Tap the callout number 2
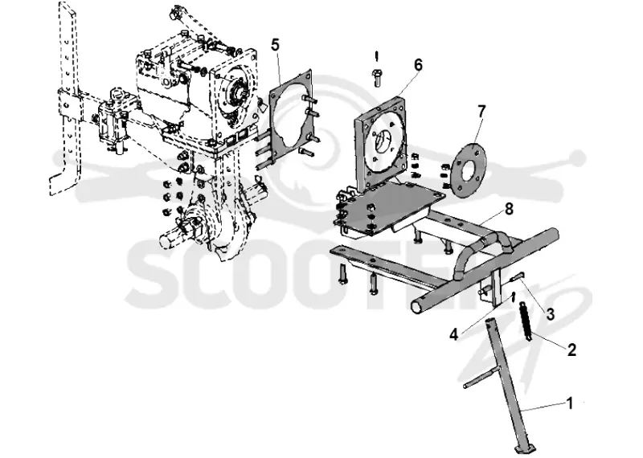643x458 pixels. coord(571,350)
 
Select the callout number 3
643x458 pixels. coord(550,314)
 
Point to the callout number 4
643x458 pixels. coord(453,334)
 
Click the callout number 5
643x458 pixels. coord(275,45)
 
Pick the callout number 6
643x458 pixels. coord(417,65)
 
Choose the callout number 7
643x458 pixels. coord(481,111)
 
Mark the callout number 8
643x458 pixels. coord(509,209)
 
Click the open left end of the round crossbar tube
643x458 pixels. coord(420,306)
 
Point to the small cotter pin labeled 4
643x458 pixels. coord(513,296)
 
